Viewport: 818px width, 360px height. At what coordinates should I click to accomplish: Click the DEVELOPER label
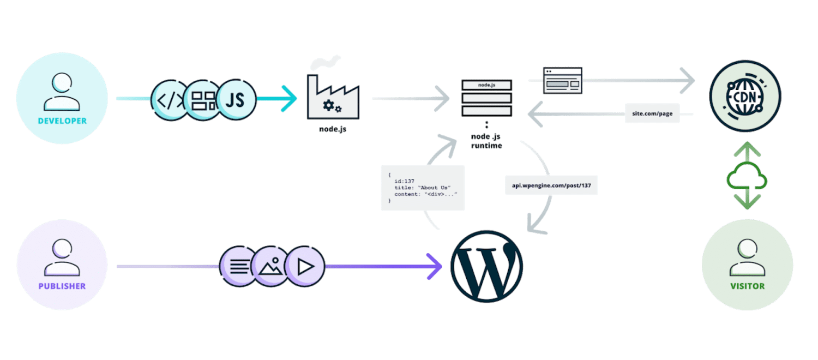[62, 121]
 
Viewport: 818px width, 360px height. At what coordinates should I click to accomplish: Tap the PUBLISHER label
[62, 286]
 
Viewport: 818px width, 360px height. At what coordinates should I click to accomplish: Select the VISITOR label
[747, 286]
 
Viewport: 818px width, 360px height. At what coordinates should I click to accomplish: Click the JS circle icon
[236, 100]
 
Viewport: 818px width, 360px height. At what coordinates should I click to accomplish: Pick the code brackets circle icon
[170, 100]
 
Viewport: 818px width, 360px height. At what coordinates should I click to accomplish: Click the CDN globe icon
[745, 96]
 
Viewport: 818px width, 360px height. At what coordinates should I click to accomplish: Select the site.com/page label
[652, 113]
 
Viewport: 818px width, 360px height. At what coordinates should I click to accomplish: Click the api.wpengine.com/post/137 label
[551, 185]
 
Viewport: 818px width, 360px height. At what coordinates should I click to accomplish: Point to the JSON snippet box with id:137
[423, 188]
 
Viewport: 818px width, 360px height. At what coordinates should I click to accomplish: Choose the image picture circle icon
[272, 267]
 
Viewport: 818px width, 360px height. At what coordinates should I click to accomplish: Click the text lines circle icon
[238, 267]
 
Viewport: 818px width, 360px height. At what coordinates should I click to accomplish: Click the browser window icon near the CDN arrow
[562, 80]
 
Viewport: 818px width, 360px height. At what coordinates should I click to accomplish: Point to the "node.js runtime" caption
[486, 141]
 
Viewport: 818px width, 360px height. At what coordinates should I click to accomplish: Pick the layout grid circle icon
[203, 100]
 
